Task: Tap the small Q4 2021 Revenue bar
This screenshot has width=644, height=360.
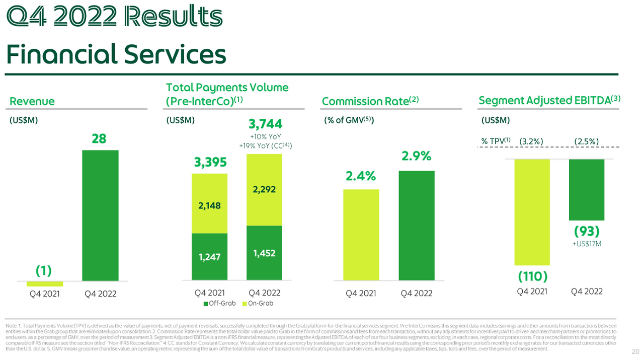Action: click(x=45, y=283)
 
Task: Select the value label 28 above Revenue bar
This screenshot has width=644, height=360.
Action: click(x=99, y=138)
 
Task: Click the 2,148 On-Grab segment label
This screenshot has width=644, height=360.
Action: click(x=210, y=205)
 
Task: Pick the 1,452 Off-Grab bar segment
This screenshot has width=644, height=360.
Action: click(x=264, y=253)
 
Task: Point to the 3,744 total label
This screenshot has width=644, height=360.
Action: click(x=265, y=124)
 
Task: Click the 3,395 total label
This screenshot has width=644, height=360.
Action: click(x=210, y=163)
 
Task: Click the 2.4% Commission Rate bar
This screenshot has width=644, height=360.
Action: click(x=361, y=235)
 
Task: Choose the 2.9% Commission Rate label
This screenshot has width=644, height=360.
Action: click(x=416, y=157)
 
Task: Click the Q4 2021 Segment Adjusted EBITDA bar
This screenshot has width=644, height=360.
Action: click(x=532, y=212)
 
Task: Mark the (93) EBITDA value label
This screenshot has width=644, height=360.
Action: click(x=587, y=232)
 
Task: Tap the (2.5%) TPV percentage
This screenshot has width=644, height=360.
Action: click(x=587, y=141)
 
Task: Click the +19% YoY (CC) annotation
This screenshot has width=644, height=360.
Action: click(x=265, y=146)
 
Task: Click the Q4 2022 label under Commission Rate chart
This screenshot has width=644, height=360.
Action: click(x=416, y=294)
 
